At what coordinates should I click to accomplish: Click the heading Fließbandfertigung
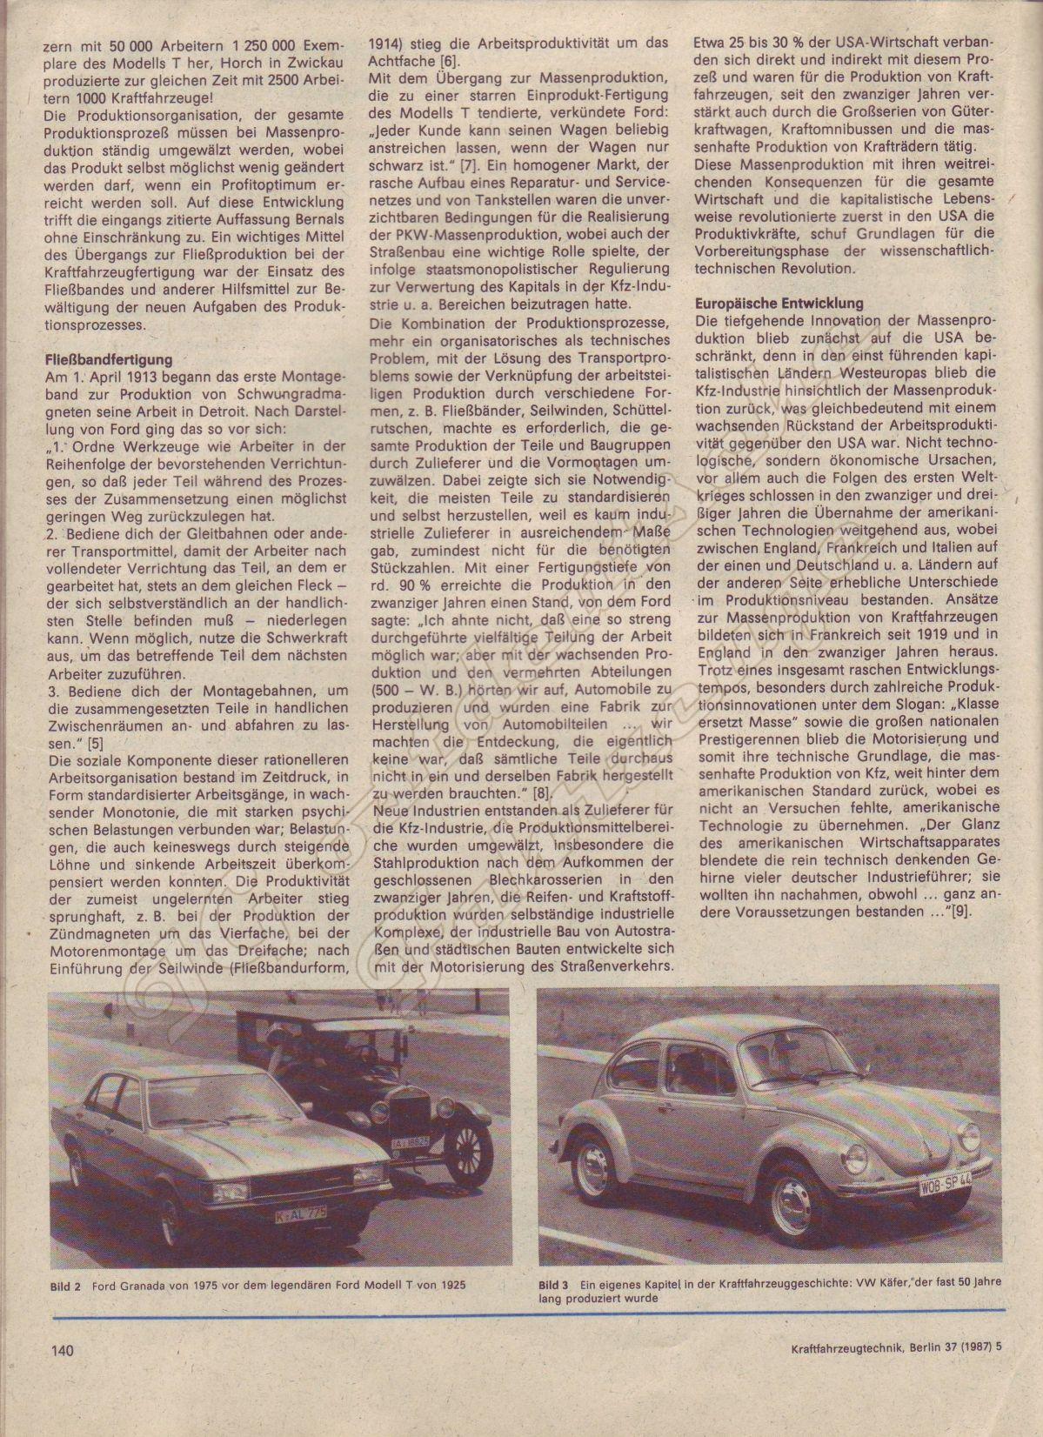coord(109,358)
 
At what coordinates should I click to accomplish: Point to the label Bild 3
coord(553,1284)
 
